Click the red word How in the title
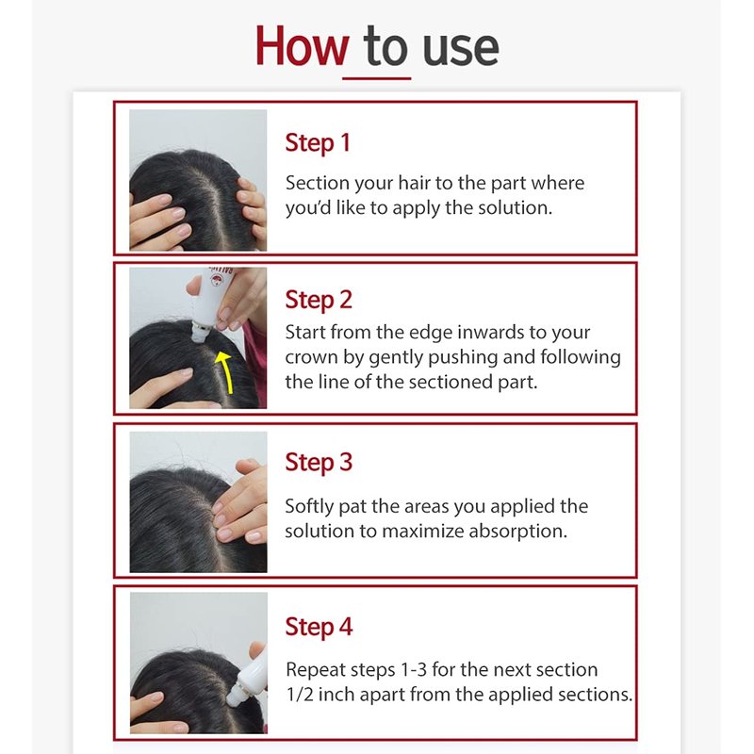[302, 46]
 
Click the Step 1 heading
[318, 143]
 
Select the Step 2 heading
[319, 300]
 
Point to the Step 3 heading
[319, 463]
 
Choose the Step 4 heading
[319, 627]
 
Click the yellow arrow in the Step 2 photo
[226, 371]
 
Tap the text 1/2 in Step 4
[299, 695]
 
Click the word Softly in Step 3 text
[309, 507]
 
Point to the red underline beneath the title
[376, 78]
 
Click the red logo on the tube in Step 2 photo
[218, 280]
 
